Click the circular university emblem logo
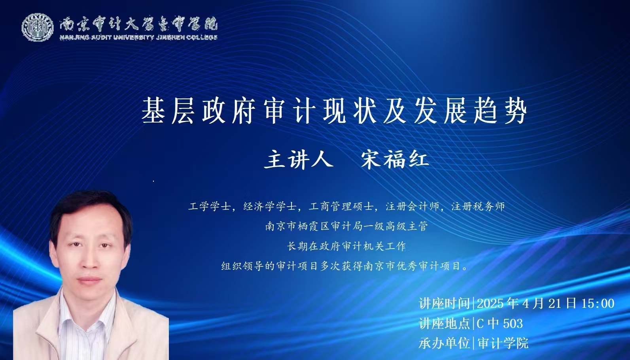38,28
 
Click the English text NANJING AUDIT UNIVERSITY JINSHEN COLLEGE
138,38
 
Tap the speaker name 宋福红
395,160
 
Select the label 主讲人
299,160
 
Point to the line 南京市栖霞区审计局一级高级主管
346,226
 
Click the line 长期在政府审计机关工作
346,246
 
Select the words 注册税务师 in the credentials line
478,207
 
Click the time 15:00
598,303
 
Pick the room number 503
513,324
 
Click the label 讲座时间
445,303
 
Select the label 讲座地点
445,324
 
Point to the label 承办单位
445,343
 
